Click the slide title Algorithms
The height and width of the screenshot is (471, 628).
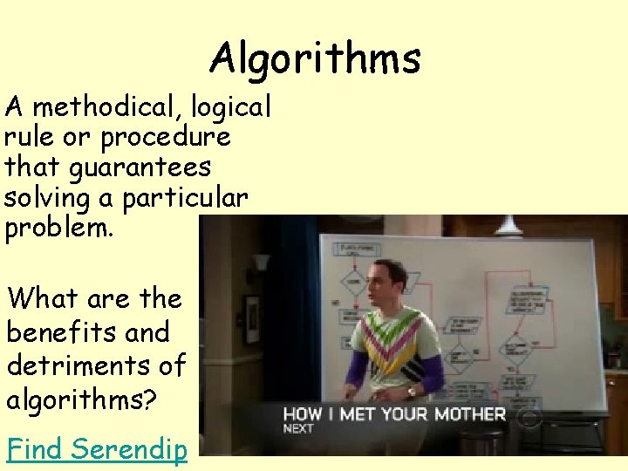[315, 59]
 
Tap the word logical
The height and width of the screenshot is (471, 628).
[229, 108]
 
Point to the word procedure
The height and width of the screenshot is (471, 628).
[165, 137]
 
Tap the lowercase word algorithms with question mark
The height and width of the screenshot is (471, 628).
[81, 399]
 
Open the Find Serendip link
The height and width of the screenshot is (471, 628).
[97, 449]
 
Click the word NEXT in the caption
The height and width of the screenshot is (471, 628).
[298, 429]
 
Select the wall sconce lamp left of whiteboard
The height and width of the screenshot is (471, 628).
[261, 263]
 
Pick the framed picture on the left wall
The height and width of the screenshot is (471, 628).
[251, 319]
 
